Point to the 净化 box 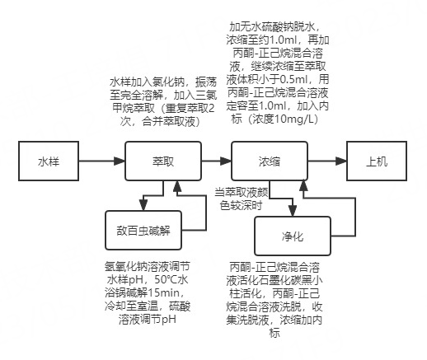tap(292, 236)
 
